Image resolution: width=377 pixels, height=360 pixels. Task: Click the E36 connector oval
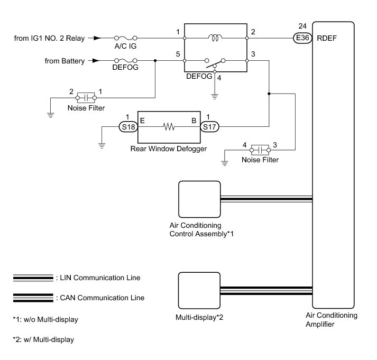[x=302, y=38]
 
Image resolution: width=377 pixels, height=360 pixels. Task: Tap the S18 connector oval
[x=128, y=127]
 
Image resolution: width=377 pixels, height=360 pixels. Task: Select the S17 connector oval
[x=210, y=127]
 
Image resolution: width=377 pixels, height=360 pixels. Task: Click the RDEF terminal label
[x=327, y=38]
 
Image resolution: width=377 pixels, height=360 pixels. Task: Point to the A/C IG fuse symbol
[x=126, y=38]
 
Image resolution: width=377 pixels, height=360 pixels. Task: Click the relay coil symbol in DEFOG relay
[x=215, y=38]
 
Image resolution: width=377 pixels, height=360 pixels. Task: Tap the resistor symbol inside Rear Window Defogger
[x=169, y=127]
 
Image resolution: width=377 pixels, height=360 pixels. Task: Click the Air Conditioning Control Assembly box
[x=199, y=199]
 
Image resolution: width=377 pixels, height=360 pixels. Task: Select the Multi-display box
[x=199, y=290]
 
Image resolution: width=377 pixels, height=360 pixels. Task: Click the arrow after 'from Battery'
[x=95, y=61]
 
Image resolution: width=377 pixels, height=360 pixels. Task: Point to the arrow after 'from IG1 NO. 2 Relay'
[x=95, y=38]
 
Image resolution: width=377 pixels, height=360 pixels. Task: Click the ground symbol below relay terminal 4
[x=215, y=97]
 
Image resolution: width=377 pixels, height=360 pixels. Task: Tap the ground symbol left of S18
[x=102, y=145]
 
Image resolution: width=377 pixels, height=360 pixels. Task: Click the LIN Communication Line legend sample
[x=33, y=278]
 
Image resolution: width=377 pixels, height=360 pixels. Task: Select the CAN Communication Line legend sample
[x=33, y=298]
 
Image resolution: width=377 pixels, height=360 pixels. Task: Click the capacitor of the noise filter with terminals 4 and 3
[x=260, y=150]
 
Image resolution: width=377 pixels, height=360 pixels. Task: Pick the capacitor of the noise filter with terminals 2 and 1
[x=86, y=98]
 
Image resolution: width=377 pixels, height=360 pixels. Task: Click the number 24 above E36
[x=302, y=26]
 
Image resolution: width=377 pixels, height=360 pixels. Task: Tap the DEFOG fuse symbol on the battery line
[x=125, y=61]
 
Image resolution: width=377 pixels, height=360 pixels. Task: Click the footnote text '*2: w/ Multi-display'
[x=43, y=339]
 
